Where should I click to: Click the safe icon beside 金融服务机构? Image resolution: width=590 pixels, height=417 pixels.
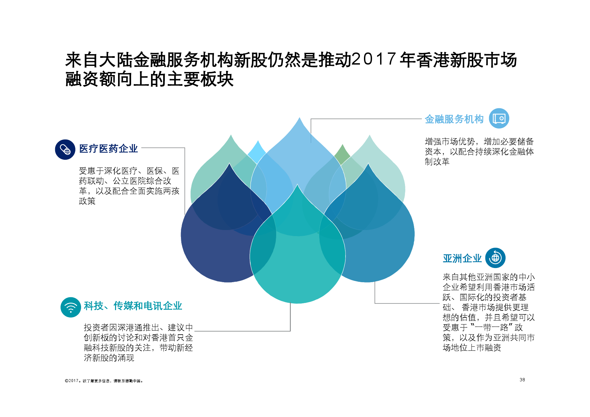(x=499, y=118)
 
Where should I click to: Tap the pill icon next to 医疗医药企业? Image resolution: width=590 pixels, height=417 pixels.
(x=65, y=149)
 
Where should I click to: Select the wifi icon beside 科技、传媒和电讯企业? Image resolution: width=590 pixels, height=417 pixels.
(x=71, y=307)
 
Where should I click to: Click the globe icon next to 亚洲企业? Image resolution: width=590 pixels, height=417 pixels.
(x=495, y=258)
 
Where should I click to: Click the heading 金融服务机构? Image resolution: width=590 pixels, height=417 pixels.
(x=454, y=119)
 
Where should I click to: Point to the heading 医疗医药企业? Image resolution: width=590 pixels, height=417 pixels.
(x=108, y=149)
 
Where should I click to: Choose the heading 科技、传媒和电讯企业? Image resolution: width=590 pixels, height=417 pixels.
(x=133, y=306)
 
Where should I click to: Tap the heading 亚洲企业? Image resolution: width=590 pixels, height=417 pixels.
(x=462, y=258)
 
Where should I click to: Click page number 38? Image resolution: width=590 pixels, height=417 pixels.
(x=522, y=380)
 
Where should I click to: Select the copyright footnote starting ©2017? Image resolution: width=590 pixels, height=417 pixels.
(x=104, y=381)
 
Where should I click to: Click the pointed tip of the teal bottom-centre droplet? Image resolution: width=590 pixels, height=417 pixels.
(x=297, y=185)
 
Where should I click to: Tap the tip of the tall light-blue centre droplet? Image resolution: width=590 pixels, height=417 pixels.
(x=299, y=118)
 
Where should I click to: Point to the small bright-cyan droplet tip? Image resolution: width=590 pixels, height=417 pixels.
(x=258, y=141)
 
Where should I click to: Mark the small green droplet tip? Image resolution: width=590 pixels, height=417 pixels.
(x=342, y=145)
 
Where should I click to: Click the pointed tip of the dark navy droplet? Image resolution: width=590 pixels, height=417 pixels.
(x=229, y=163)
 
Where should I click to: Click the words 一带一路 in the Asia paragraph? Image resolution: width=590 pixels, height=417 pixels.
(x=491, y=328)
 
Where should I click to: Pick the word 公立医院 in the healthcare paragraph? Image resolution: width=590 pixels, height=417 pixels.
(x=129, y=181)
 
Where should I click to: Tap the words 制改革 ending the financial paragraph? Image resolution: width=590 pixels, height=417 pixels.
(x=437, y=162)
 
